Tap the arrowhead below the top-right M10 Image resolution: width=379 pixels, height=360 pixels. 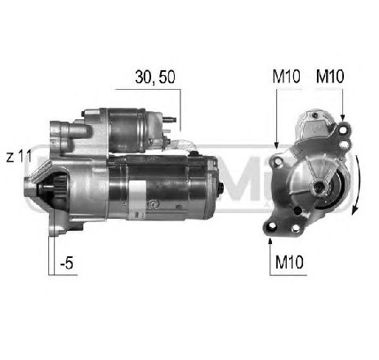[342, 118]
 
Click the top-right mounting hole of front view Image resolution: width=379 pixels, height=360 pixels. [343, 131]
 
